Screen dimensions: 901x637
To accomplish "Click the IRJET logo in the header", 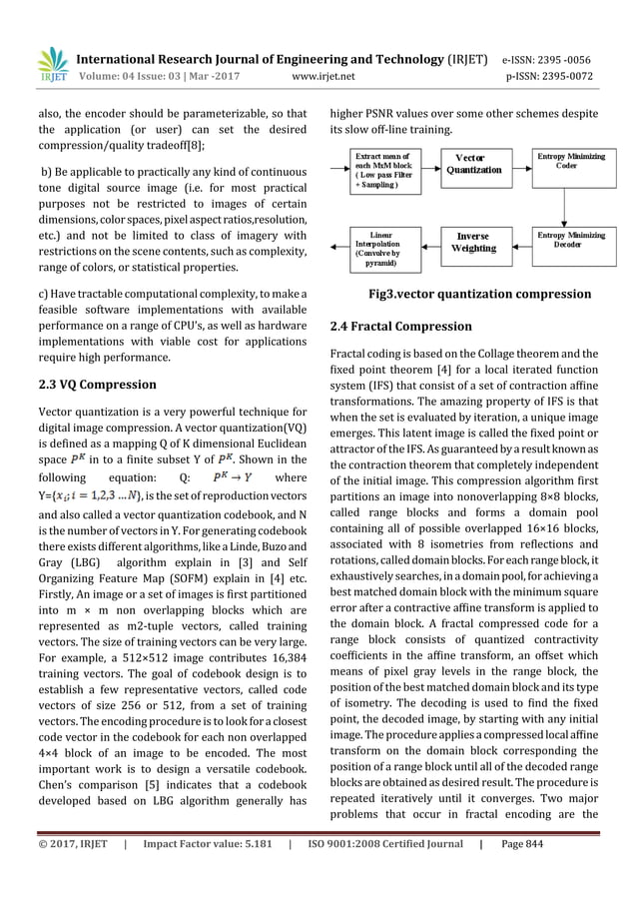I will tap(52, 65).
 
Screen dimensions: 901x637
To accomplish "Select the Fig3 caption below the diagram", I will tap(479, 295).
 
